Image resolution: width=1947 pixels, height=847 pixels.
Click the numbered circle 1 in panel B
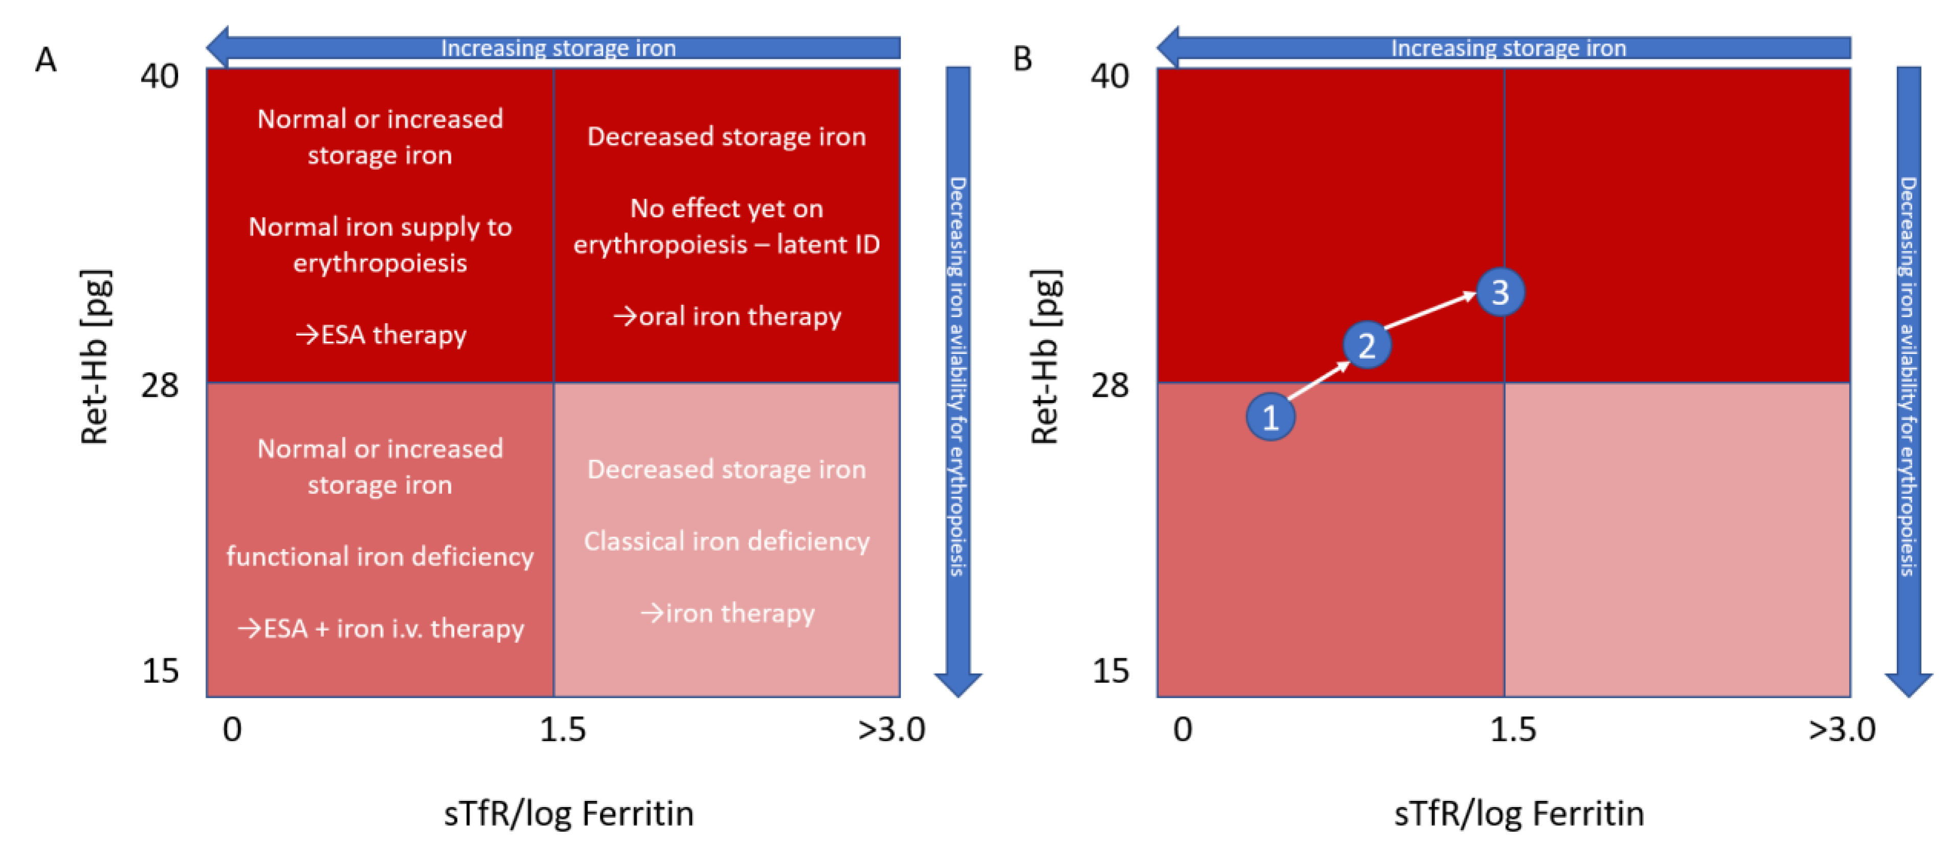1270,416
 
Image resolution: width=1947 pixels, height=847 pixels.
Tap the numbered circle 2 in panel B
1367,345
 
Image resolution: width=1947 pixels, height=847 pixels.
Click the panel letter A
46,59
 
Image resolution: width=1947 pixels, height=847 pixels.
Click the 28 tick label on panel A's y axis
160,385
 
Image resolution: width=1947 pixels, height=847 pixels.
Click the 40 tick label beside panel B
1110,76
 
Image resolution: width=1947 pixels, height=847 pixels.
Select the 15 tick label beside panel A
160,670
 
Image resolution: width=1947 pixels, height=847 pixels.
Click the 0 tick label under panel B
1183,730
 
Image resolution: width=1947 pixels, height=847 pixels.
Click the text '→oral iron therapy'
727,316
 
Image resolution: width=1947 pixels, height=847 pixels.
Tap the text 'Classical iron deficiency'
727,541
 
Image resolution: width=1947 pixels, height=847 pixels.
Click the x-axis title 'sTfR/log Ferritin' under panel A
568,814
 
